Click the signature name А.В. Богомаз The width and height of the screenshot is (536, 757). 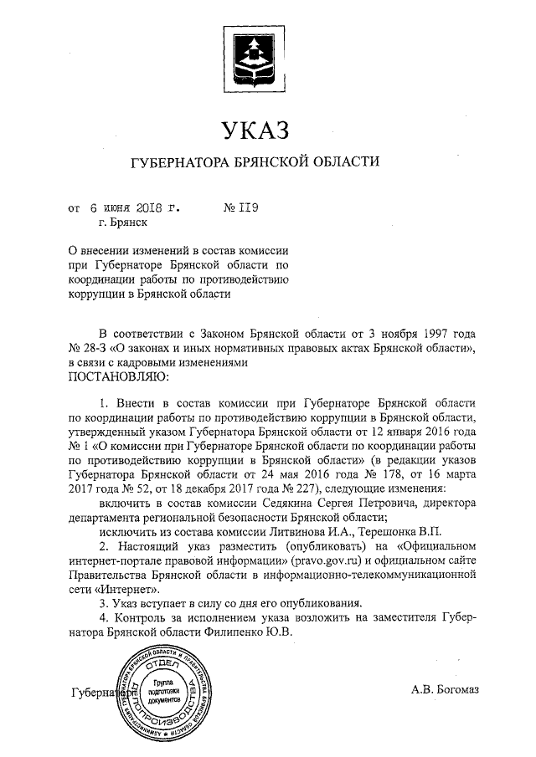445,690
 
